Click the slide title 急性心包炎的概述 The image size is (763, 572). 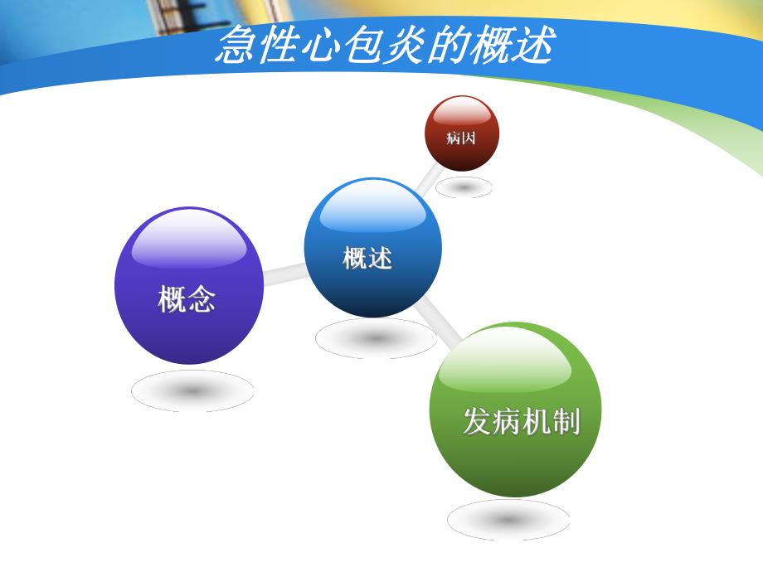[x=384, y=46]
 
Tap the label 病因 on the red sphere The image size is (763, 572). [x=461, y=138]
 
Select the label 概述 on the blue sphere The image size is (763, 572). [x=367, y=258]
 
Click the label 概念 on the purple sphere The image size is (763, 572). [x=187, y=299]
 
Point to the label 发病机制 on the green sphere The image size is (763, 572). [x=521, y=422]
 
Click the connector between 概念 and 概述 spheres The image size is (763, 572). [x=284, y=274]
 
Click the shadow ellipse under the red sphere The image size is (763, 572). [x=463, y=187]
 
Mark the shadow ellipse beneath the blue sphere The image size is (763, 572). [x=375, y=338]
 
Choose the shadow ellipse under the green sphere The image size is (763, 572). [x=508, y=520]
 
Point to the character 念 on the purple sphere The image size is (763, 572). [x=201, y=299]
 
